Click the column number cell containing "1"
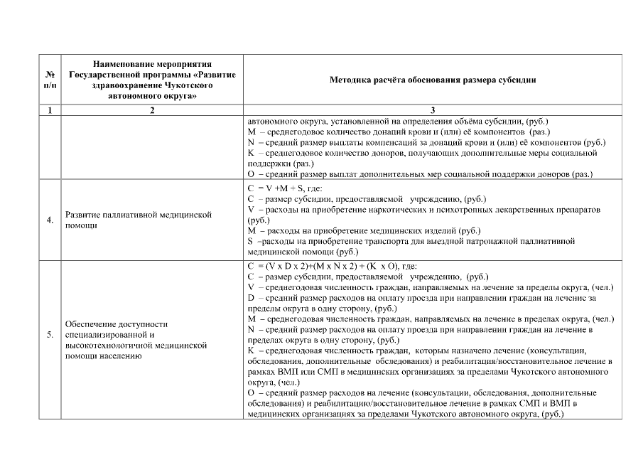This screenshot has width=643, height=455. (x=49, y=111)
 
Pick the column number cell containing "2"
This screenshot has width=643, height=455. (x=152, y=111)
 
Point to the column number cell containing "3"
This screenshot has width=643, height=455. (x=432, y=111)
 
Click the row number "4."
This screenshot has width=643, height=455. (x=50, y=220)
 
